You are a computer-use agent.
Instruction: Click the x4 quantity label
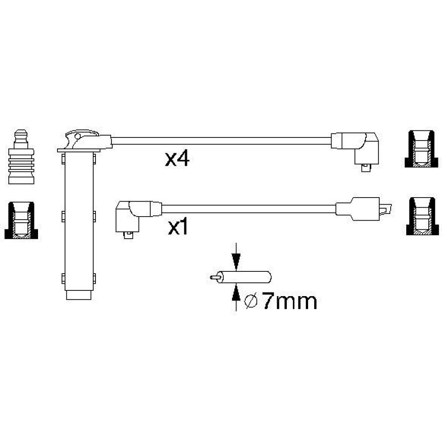click(x=177, y=159)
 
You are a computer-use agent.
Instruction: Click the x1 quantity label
click(x=178, y=228)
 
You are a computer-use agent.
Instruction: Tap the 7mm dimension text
click(x=289, y=301)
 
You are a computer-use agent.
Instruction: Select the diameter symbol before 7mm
click(x=251, y=301)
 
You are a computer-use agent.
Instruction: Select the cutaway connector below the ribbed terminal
click(x=21, y=221)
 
